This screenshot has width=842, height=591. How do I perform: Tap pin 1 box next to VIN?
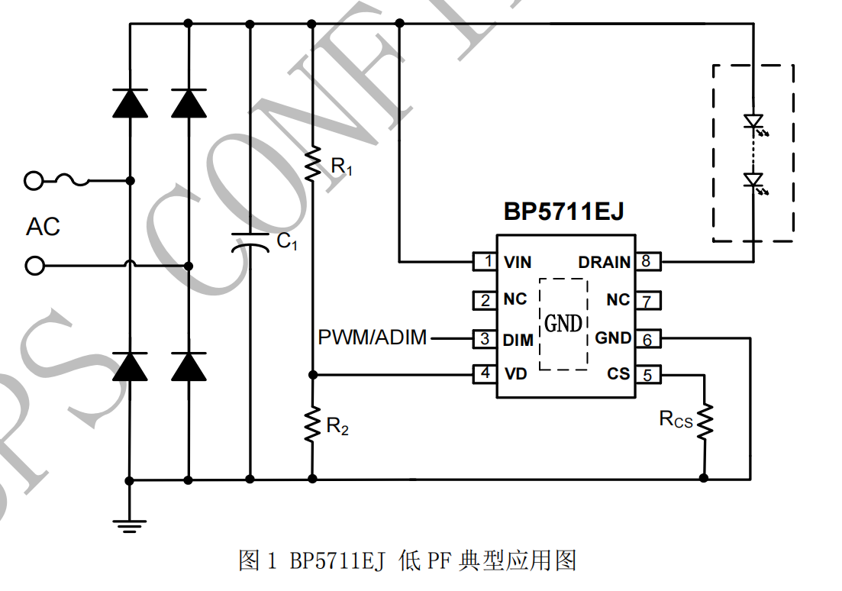486,262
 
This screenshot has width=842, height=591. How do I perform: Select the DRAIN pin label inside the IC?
604,262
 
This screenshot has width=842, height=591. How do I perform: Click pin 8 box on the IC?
647,262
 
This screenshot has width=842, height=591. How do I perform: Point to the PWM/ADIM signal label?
372,337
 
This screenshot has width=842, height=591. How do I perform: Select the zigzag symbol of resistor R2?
312,425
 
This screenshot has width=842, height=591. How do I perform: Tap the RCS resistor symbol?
703,420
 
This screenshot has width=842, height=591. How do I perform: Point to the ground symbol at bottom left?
129,522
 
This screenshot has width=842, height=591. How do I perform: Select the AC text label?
43,227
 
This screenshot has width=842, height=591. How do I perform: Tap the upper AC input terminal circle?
33,181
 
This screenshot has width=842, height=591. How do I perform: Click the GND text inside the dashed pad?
563,324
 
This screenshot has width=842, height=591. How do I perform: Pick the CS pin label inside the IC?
618,374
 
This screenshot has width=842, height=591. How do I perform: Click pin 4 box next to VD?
486,374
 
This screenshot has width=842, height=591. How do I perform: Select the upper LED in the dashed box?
753,121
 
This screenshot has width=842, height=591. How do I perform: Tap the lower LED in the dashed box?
753,181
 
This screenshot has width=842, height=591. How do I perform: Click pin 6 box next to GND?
647,338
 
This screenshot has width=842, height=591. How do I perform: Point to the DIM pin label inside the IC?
518,338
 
